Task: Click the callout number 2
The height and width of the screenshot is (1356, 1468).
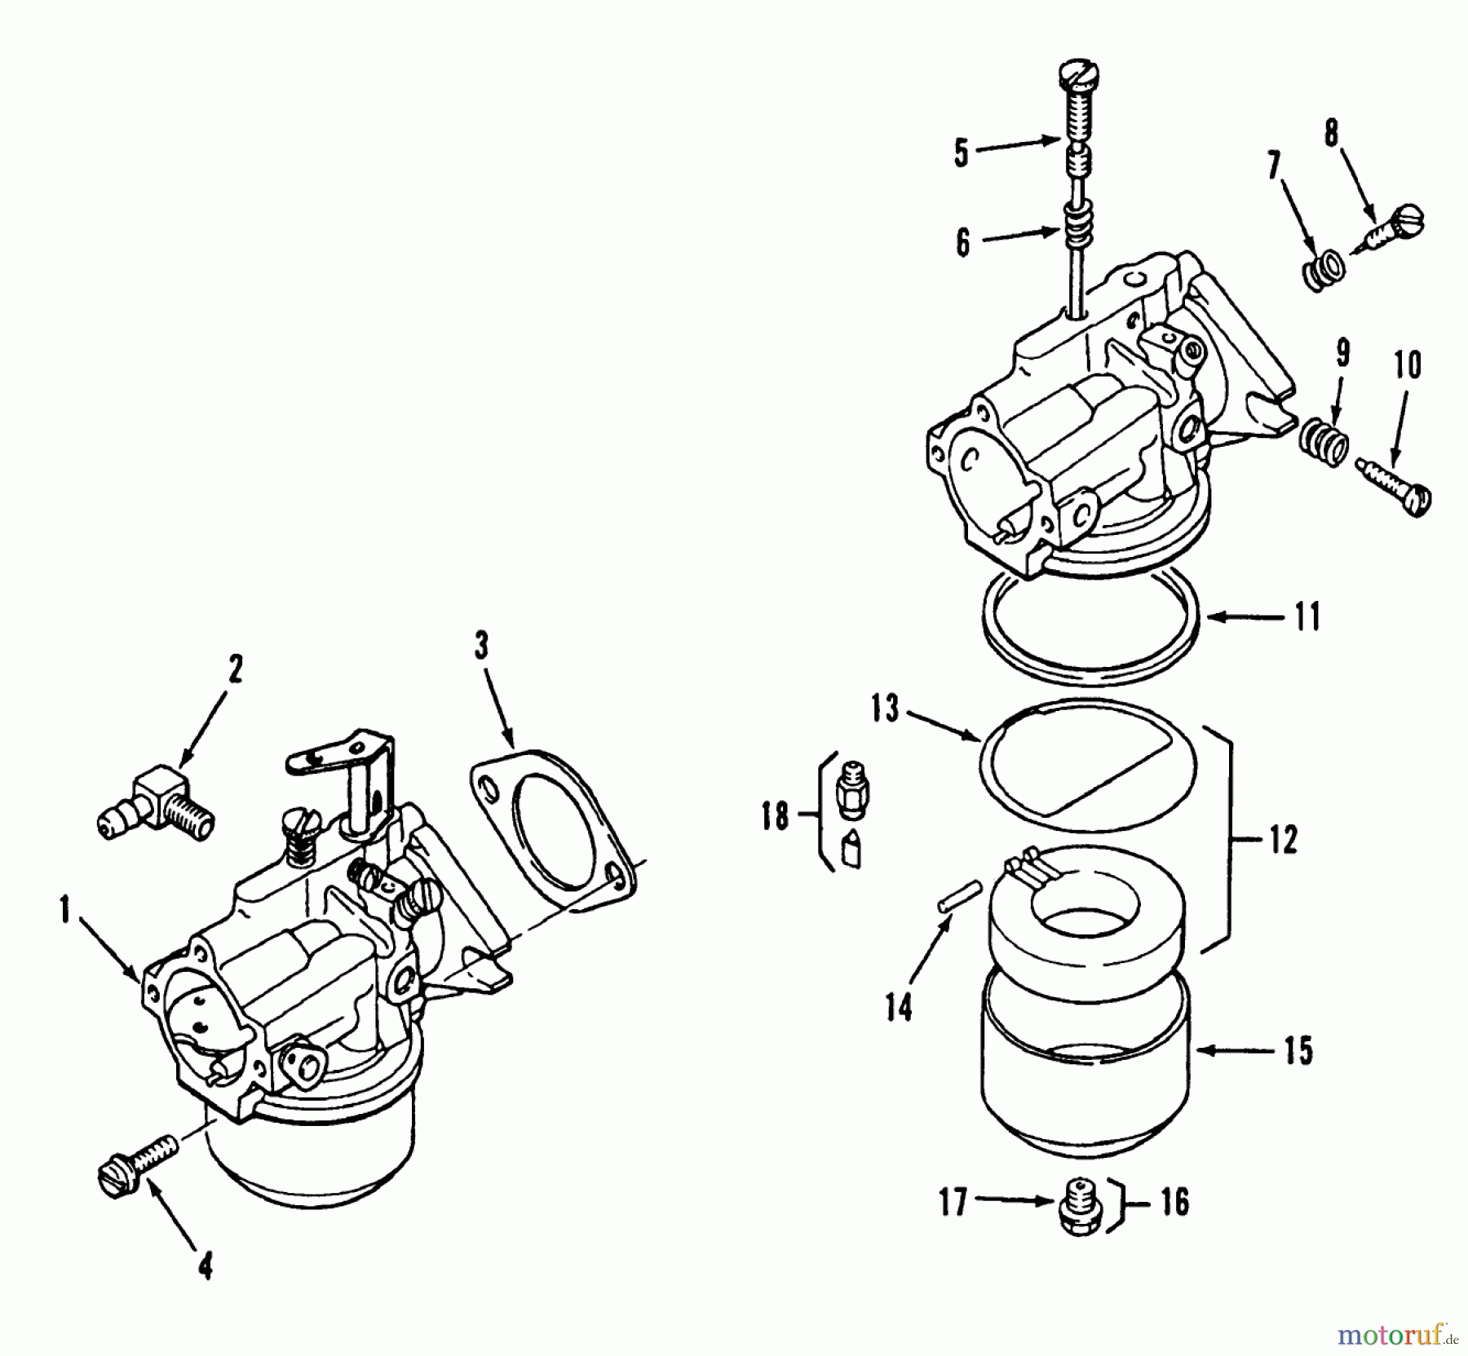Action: point(235,669)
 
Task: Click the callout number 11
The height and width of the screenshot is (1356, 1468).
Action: point(1307,617)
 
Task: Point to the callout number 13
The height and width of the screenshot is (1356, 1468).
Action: point(884,708)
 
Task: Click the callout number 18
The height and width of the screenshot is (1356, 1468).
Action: point(775,815)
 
